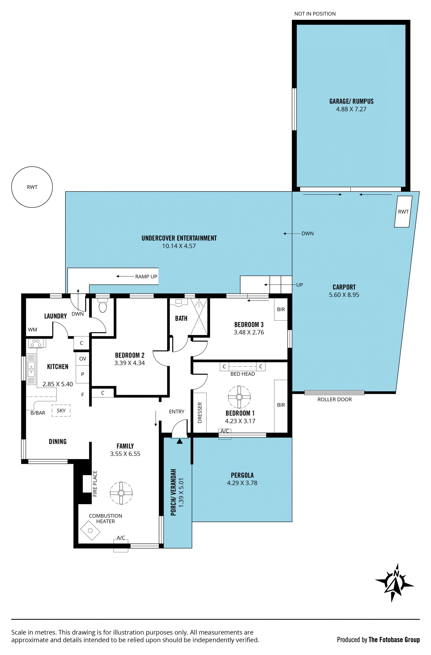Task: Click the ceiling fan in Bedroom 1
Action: (x=239, y=397)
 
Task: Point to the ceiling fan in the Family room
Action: (x=121, y=493)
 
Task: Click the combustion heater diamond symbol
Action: (x=90, y=530)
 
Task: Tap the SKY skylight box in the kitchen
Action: (x=61, y=411)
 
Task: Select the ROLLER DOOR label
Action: (x=334, y=399)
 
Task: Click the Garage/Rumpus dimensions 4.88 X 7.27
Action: (x=351, y=109)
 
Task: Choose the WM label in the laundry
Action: (x=33, y=330)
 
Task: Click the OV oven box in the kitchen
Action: (x=83, y=359)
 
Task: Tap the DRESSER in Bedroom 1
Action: (x=200, y=413)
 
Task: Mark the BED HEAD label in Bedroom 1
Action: (x=242, y=374)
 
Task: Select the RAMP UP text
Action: (x=146, y=277)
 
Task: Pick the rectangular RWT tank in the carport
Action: (x=403, y=212)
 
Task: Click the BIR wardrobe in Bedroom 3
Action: (x=281, y=309)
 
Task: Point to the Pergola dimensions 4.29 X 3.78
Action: (x=242, y=483)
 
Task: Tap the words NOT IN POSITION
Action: (x=315, y=14)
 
